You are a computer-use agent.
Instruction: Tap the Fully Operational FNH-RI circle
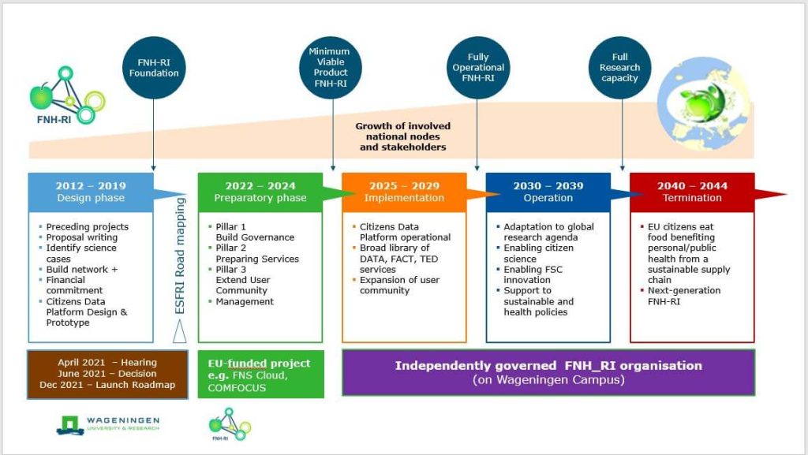point(477,68)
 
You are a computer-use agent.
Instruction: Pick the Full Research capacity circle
point(620,68)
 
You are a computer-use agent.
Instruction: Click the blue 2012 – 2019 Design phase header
point(90,192)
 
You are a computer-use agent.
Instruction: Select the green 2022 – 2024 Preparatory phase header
point(260,192)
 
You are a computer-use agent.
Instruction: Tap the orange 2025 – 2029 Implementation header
point(405,192)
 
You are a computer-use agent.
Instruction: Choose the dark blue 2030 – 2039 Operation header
point(548,192)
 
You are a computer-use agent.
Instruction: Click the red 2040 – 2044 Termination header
point(692,192)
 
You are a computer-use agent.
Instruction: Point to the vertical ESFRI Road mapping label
point(180,256)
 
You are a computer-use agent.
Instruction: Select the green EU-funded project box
point(260,374)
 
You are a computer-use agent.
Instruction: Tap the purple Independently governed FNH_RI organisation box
point(548,372)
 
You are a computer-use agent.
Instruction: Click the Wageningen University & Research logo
point(108,423)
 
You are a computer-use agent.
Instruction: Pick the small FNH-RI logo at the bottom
point(229,423)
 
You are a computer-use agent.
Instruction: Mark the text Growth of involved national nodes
point(402,136)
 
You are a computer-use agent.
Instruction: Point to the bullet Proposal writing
point(86,237)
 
